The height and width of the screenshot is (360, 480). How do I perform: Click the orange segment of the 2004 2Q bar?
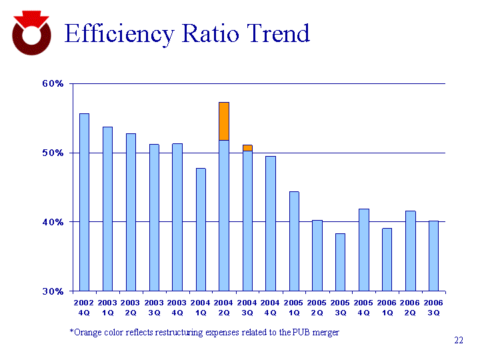tap(224, 121)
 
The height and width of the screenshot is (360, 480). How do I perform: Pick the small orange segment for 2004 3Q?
tap(247, 147)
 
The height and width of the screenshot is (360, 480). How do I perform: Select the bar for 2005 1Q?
tap(294, 241)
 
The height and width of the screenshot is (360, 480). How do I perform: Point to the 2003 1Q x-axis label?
tap(107, 307)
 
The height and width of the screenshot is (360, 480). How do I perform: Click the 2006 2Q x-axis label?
tap(410, 307)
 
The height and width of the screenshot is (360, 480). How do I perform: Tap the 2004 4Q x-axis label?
tap(271, 307)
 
